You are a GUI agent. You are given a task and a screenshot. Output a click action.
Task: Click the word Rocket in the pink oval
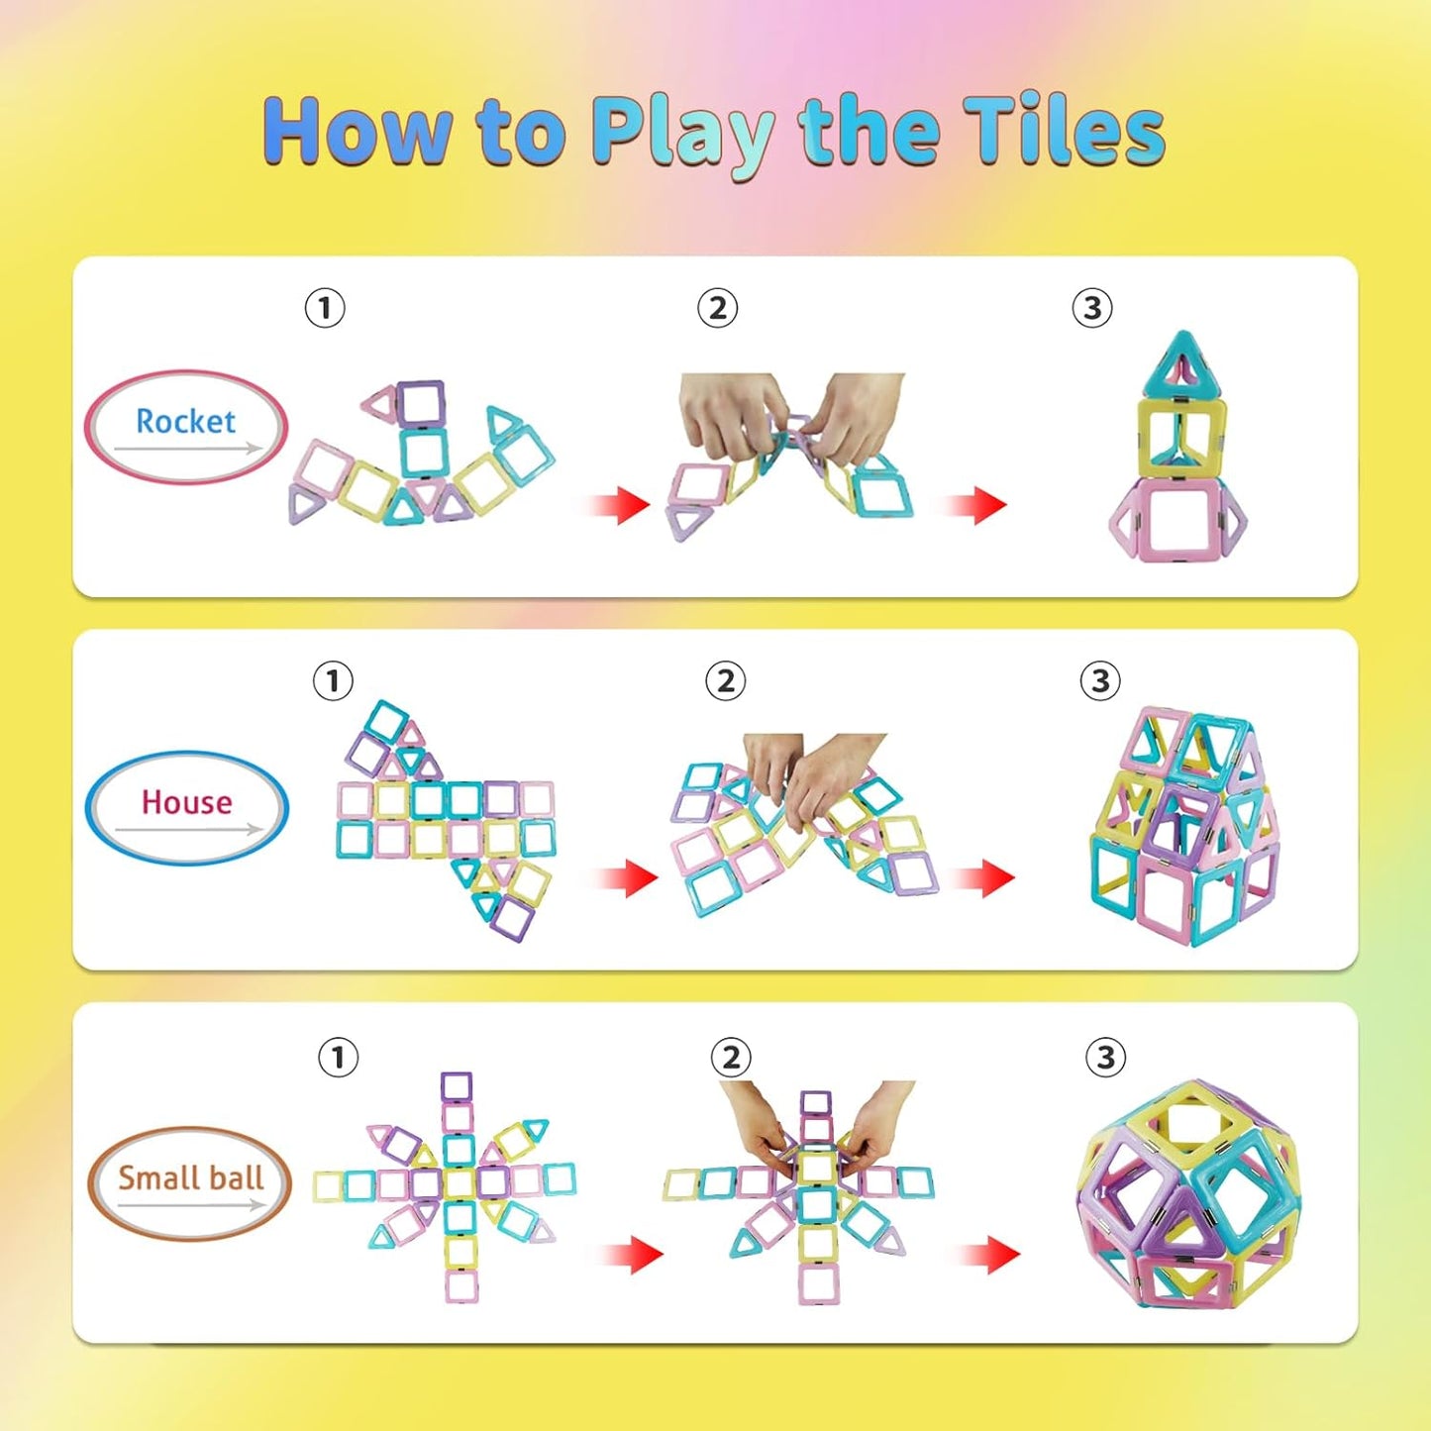185,422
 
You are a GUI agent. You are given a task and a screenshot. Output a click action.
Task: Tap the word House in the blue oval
186,802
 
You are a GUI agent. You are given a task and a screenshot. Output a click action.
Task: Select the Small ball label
190,1178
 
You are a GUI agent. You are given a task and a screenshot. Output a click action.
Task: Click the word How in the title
357,131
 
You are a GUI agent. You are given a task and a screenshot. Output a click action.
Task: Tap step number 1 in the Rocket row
325,308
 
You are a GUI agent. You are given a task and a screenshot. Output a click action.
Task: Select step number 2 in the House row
725,681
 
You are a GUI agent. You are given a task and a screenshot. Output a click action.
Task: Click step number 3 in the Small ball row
1105,1058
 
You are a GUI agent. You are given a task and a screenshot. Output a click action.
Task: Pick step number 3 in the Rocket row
1091,308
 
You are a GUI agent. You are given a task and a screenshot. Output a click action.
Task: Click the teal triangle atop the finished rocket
1182,364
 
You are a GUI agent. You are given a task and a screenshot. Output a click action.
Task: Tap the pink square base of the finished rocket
1177,519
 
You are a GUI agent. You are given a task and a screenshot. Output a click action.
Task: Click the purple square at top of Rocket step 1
422,402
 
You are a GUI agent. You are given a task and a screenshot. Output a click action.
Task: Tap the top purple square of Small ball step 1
457,1087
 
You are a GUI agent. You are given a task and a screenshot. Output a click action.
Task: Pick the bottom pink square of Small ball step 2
819,1283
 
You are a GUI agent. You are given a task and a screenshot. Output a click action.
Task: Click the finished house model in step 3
1183,827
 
